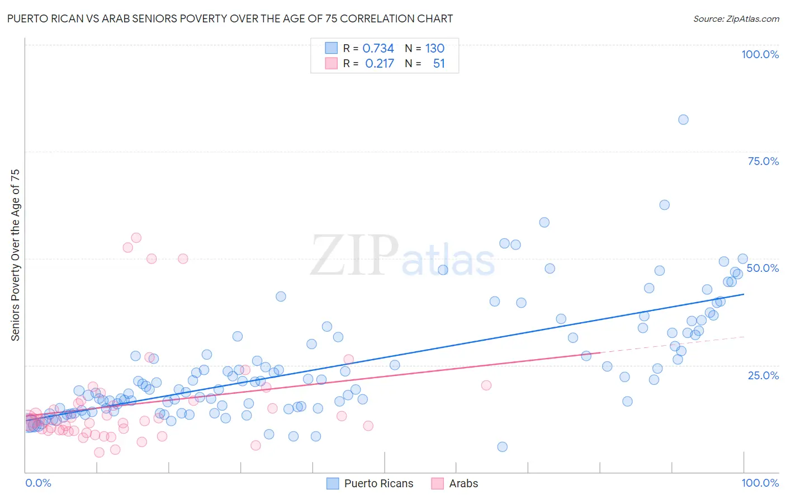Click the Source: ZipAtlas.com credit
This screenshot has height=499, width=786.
coord(736,18)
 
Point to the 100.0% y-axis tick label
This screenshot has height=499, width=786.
coord(760,54)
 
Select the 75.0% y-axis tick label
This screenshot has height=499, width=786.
coord(763,161)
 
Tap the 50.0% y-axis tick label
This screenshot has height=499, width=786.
coord(763,268)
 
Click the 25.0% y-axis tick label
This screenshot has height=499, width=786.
coord(763,375)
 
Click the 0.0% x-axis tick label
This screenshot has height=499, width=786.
coord(38,483)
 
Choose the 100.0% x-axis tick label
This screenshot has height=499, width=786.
coord(760,483)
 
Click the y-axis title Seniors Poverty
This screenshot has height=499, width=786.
coord(15,255)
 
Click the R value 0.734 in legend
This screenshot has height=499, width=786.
coord(378,48)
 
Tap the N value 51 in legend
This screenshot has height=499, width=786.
coord(439,64)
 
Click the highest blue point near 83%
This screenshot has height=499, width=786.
coord(683,119)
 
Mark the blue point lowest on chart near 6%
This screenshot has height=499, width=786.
coord(502,446)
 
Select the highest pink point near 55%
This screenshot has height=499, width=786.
coord(136,238)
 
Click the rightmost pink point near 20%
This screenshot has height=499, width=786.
coord(486,385)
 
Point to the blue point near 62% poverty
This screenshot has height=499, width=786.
coord(664,205)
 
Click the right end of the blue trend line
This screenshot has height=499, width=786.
coord(744,294)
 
